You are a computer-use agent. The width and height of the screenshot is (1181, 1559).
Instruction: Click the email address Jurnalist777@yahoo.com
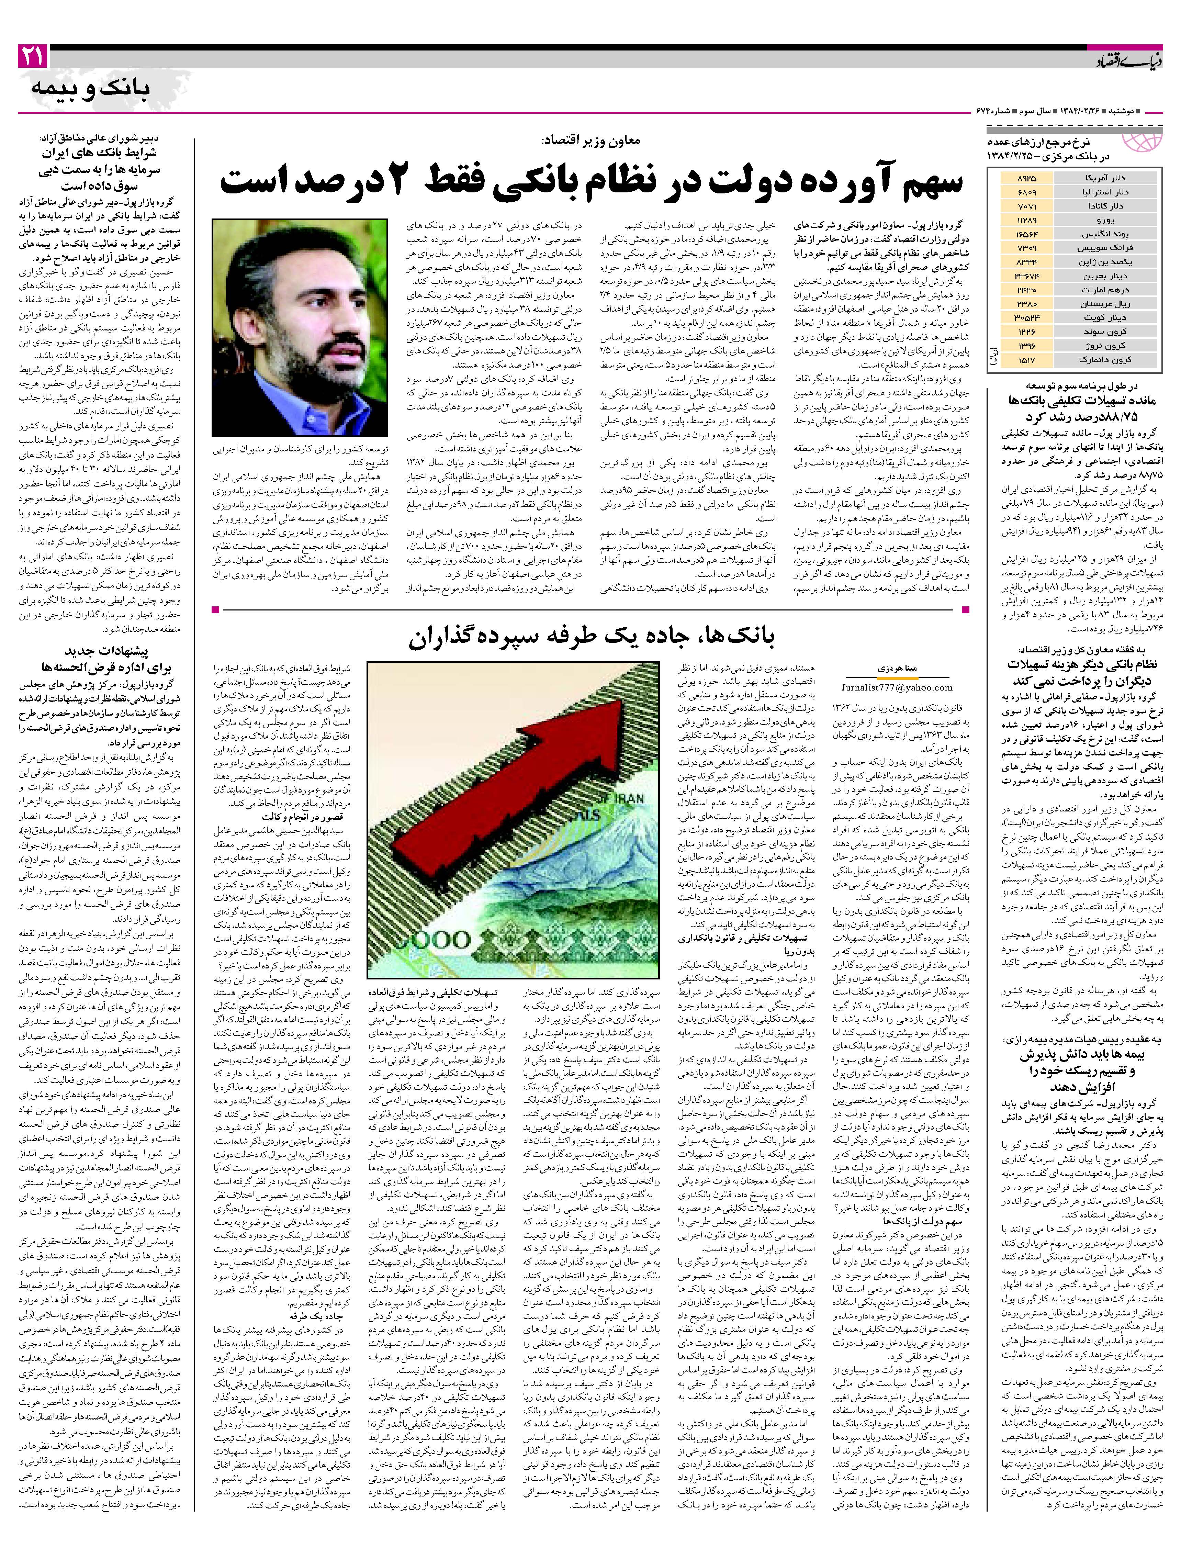pos(896,687)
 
